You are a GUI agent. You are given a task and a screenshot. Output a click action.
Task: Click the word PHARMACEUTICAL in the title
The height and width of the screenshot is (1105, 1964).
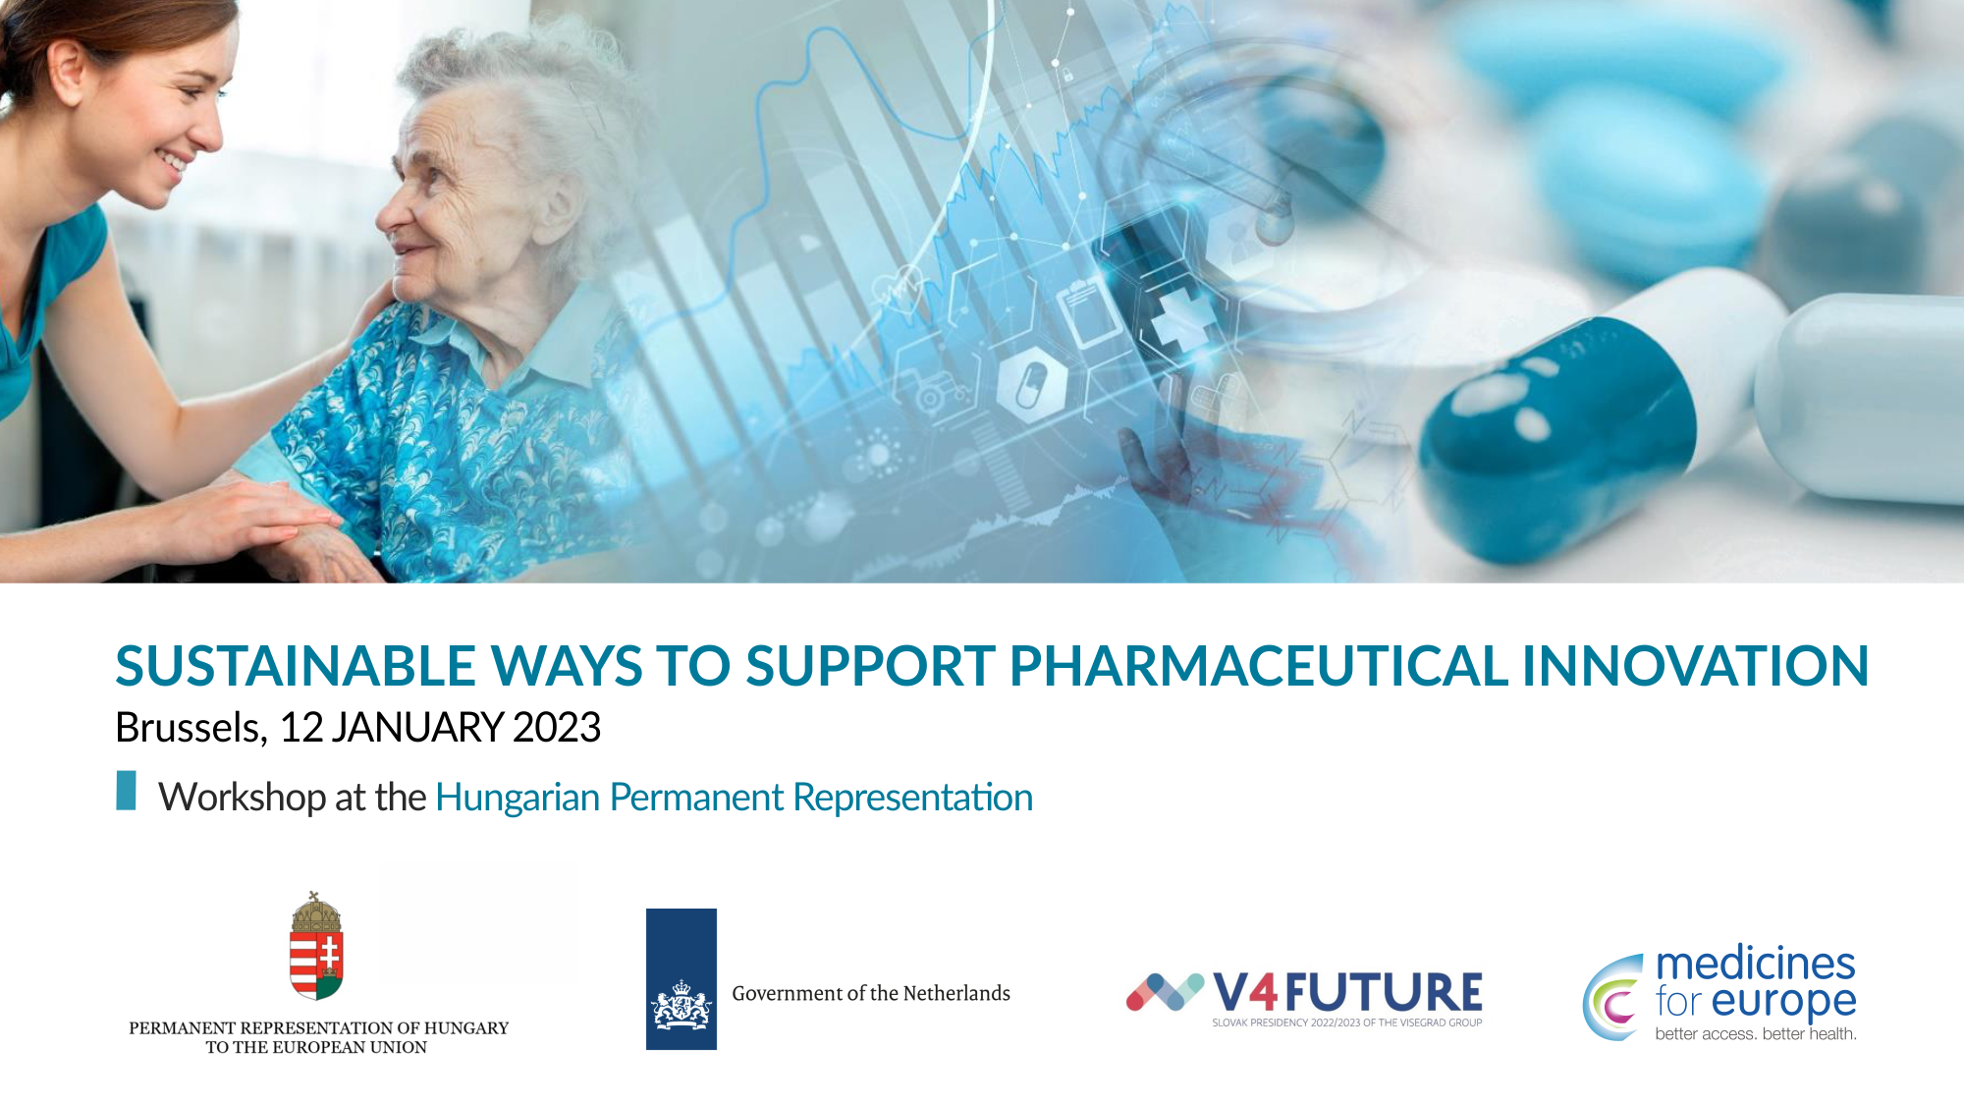[1258, 666]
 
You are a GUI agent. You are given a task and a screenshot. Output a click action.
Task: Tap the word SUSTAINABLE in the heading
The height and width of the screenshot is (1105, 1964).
[295, 666]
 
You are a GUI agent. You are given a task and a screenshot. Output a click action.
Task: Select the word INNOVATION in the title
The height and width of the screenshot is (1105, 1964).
[1695, 666]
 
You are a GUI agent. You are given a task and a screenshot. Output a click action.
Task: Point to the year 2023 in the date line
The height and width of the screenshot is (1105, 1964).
[556, 728]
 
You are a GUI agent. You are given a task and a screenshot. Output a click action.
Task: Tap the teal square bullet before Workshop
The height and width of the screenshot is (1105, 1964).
[126, 791]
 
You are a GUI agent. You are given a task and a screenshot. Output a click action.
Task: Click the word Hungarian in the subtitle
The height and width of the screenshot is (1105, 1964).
[517, 798]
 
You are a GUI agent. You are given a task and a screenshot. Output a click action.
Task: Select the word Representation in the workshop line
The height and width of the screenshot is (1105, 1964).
[912, 798]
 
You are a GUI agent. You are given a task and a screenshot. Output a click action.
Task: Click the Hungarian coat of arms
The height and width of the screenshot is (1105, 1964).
[316, 947]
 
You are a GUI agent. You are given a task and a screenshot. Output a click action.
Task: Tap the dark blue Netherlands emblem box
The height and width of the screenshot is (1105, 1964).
[682, 979]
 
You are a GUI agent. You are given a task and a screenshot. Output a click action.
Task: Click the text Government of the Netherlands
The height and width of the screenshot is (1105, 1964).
[871, 993]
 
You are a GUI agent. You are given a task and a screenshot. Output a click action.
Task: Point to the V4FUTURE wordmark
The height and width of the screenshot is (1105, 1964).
[1347, 992]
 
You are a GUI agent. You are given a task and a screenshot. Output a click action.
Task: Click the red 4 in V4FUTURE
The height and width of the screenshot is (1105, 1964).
[1264, 992]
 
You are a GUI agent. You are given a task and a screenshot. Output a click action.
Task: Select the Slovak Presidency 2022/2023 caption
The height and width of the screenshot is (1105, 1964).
[1347, 1022]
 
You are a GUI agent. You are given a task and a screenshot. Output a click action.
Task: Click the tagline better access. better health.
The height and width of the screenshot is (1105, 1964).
[1756, 1033]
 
